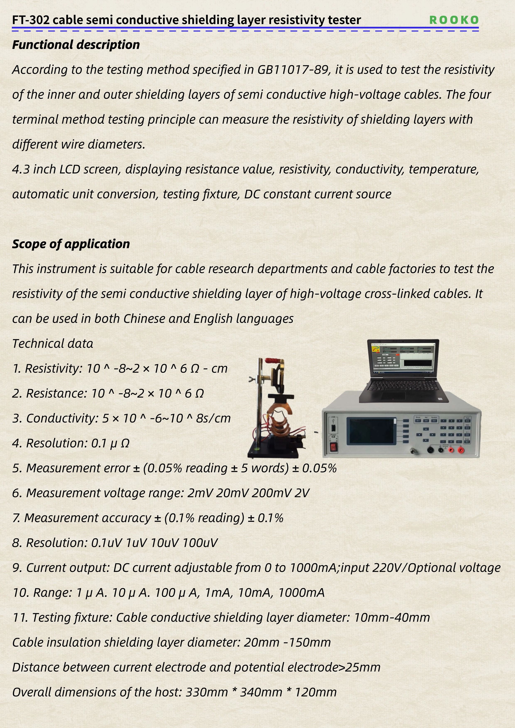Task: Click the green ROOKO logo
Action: tap(454, 20)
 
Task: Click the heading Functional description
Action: tap(76, 45)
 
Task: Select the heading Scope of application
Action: tap(71, 244)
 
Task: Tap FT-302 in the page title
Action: tap(31, 20)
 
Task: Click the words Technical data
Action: tap(53, 344)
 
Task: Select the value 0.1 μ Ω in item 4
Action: tap(110, 443)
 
